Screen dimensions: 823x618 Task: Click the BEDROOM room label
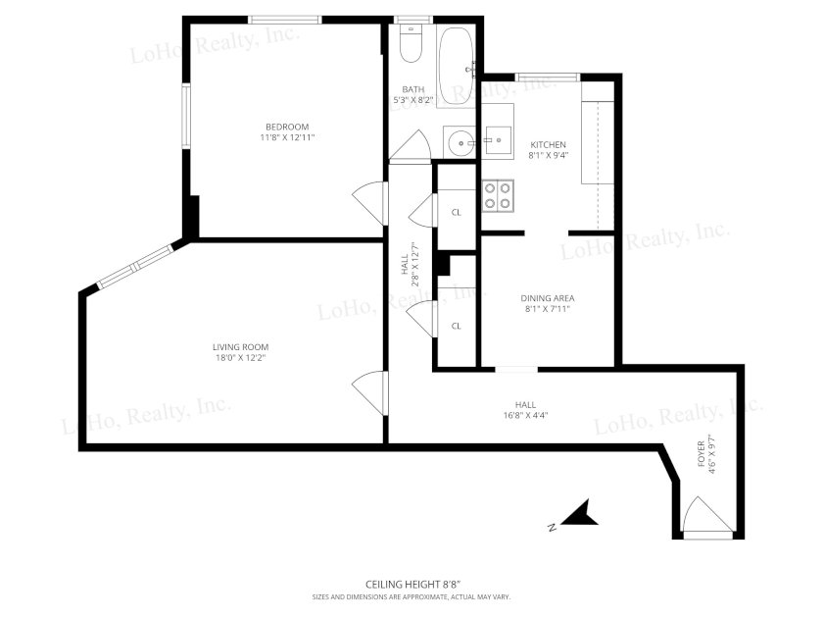287,127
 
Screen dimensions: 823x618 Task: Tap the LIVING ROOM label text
240,347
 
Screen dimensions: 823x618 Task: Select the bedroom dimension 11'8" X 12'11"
287,137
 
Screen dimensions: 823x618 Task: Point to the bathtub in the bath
456,67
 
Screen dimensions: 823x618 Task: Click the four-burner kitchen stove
498,195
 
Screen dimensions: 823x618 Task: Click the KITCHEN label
548,144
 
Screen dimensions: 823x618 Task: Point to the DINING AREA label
548,298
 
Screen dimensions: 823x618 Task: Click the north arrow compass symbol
580,513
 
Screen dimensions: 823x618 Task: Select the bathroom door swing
410,145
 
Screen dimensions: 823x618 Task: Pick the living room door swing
369,393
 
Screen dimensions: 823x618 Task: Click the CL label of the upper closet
457,212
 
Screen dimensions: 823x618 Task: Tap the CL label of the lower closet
457,326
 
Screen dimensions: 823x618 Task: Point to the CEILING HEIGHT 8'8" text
412,584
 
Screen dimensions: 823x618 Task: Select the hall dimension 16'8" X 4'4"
525,415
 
